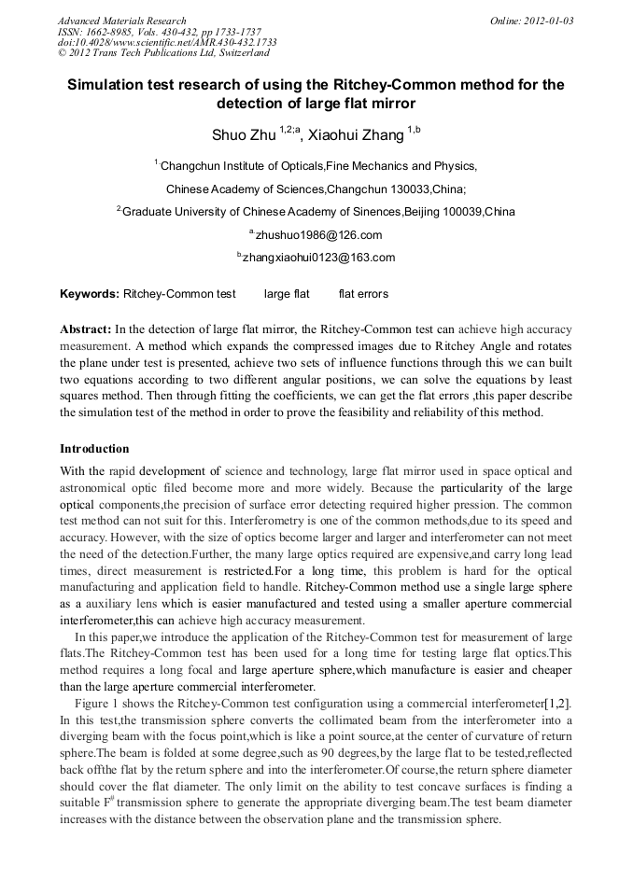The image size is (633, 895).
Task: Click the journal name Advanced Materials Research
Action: coord(121,21)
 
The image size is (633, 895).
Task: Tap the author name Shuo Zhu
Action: coord(244,135)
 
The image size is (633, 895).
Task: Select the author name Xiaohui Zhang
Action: coord(356,135)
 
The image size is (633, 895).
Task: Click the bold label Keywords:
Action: coord(90,295)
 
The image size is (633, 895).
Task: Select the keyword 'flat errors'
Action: coord(363,295)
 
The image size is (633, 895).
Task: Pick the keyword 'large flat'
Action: coord(287,295)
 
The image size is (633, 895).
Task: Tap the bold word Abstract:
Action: coord(86,329)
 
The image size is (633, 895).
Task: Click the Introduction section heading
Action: coord(94,449)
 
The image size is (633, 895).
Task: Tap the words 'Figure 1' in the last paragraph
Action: coord(99,701)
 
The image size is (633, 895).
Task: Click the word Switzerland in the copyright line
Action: coord(229,54)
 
